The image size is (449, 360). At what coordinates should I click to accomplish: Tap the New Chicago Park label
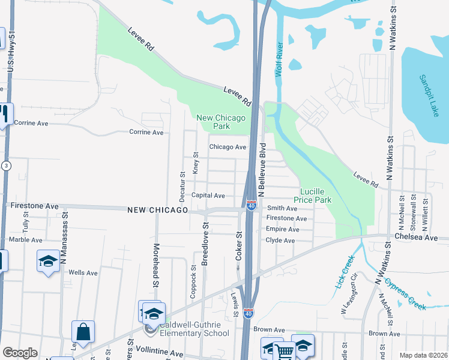coord(221,122)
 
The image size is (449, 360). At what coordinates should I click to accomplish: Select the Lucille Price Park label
coord(312,194)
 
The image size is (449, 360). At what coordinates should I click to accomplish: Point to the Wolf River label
coord(279,60)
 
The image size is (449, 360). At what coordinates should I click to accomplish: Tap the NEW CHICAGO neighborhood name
coord(158,210)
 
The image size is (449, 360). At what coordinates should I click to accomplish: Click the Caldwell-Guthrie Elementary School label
coord(194,329)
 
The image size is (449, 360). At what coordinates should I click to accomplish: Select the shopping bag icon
coord(83,331)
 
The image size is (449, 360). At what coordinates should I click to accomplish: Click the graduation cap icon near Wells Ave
coord(48,262)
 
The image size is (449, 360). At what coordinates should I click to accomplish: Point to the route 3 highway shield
coord(5,166)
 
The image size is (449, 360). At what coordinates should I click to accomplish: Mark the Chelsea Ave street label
coord(421,237)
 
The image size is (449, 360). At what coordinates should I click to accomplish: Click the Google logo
coord(20,352)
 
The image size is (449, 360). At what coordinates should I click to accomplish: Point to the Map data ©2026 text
coord(423,355)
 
